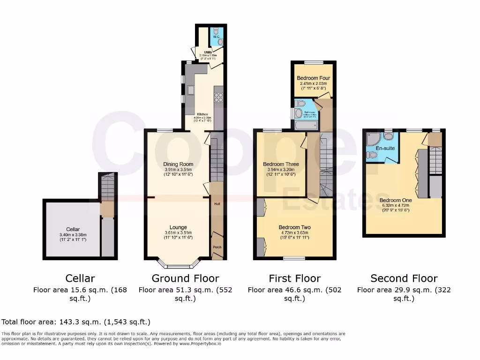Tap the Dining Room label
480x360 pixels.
pos(178,164)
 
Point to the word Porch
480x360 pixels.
pos(217,247)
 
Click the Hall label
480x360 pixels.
pos(217,204)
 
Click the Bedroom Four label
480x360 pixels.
pos(313,78)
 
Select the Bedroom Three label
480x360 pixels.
pos(281,164)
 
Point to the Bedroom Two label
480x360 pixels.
pos(295,227)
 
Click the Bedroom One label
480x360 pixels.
pos(396,200)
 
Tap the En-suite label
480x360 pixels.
pos(386,148)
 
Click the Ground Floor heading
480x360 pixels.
pos(185,278)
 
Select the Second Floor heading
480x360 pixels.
pos(404,278)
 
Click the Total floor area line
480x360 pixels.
pos(76,322)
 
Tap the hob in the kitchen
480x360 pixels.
pos(218,97)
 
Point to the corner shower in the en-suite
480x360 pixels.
pos(374,138)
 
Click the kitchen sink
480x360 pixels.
pos(191,90)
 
